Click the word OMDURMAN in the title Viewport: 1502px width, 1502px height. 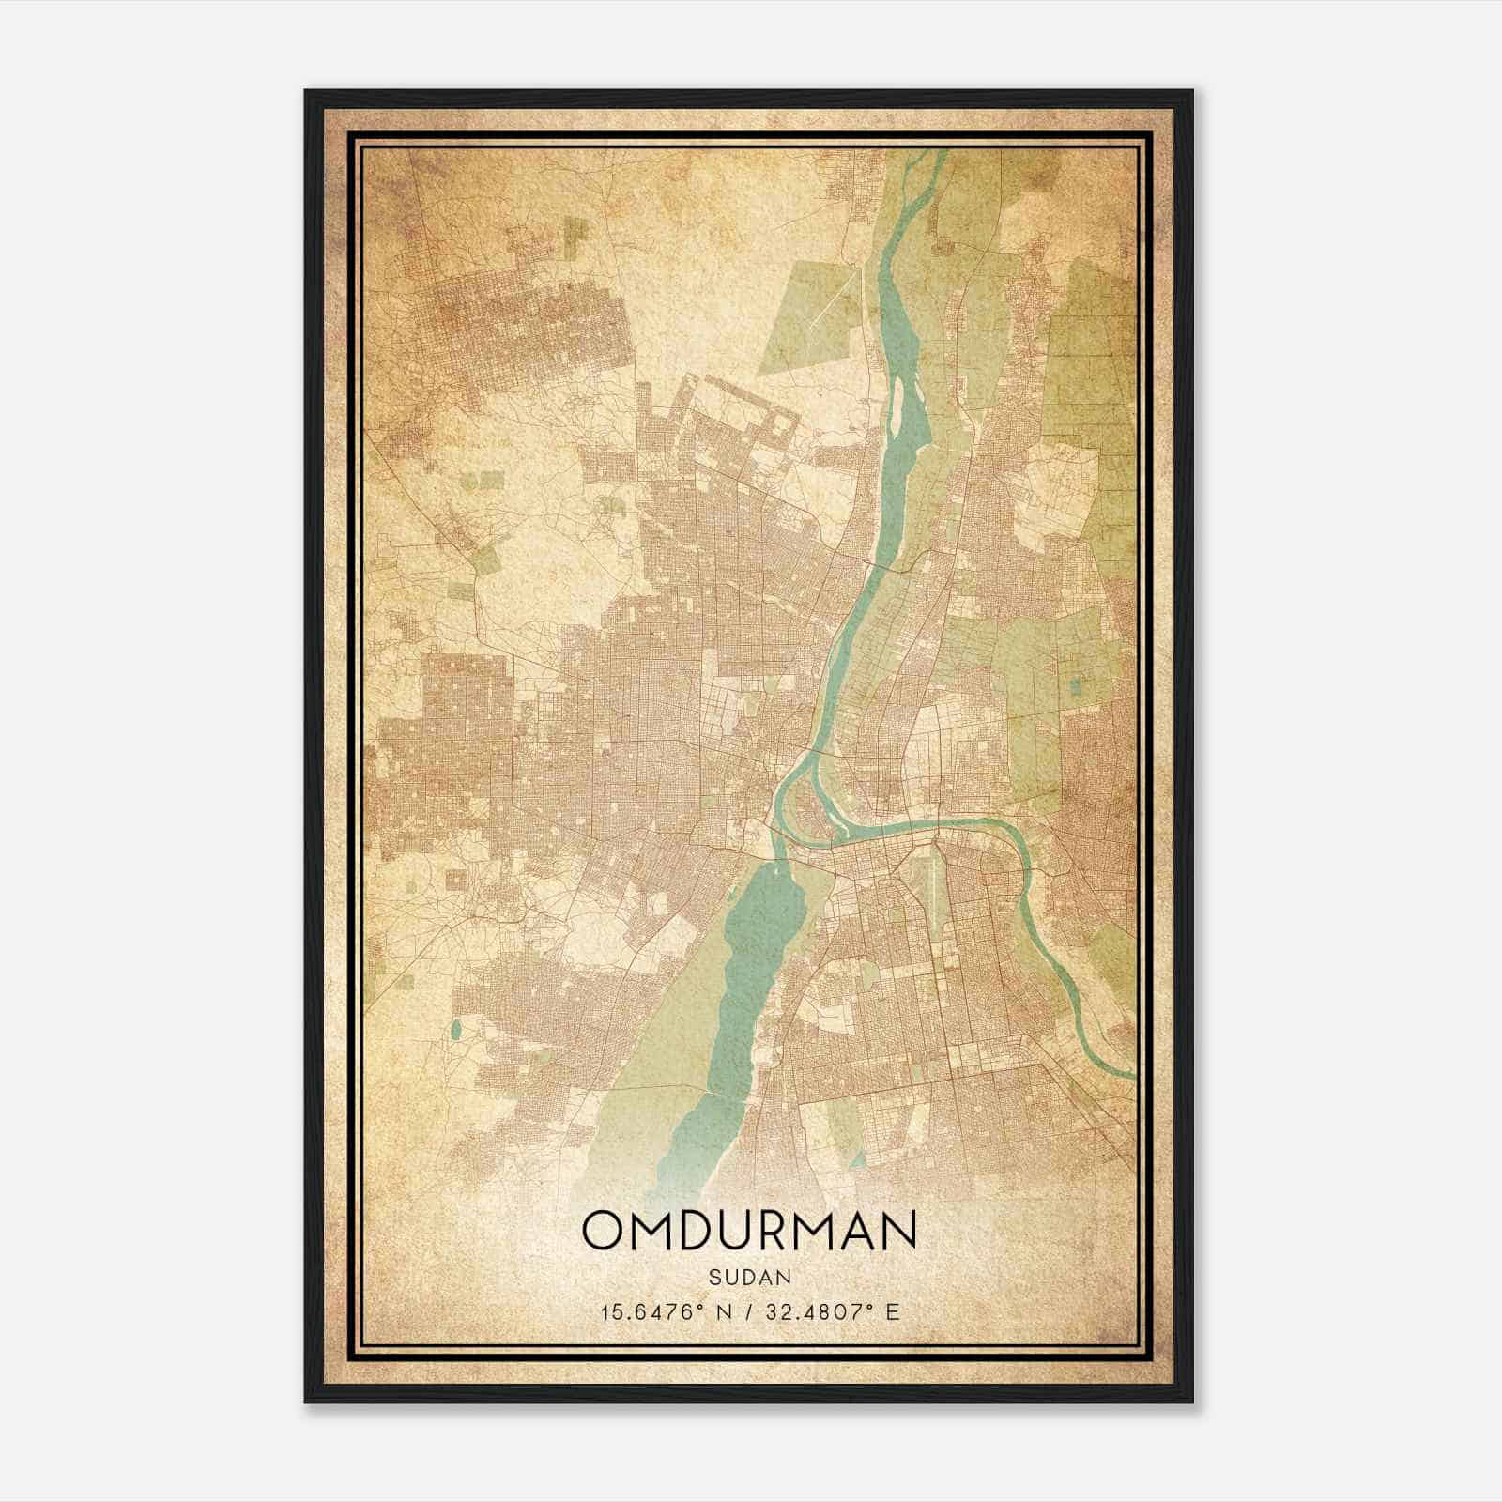click(x=748, y=1230)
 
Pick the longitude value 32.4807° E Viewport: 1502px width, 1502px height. click(x=830, y=1311)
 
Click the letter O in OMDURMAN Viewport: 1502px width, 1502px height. click(x=605, y=1230)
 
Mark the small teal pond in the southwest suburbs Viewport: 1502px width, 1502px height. click(x=455, y=1031)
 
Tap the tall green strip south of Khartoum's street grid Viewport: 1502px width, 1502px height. click(x=844, y=1126)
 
